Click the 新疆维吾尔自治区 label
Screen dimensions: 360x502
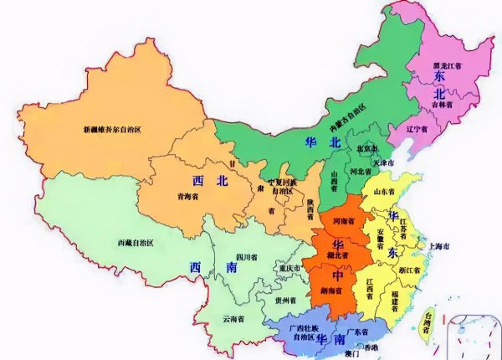pos(120,130)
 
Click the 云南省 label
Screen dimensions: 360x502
pos(233,319)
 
